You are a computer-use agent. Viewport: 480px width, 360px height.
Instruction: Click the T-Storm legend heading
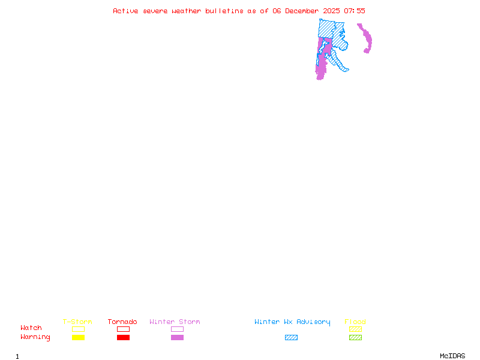point(77,322)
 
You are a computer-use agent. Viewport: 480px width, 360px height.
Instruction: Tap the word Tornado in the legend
point(122,322)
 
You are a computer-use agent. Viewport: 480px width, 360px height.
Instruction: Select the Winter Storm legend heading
point(175,322)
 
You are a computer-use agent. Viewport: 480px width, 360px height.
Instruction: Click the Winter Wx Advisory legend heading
point(292,322)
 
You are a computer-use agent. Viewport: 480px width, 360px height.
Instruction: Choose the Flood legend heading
point(355,322)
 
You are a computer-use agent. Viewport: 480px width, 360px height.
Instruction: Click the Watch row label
point(31,328)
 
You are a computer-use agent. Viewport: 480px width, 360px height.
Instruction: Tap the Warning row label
point(35,337)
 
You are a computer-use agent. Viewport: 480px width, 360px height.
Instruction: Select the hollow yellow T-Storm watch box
point(78,329)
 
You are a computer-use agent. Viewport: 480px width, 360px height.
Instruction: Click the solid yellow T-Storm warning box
point(78,337)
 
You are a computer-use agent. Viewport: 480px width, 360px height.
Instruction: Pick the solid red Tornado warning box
point(123,337)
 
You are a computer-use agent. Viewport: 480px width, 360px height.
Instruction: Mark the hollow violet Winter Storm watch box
point(177,329)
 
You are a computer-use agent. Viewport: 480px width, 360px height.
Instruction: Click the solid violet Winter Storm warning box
point(177,337)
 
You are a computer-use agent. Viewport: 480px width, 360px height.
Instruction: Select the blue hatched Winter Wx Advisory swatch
point(291,337)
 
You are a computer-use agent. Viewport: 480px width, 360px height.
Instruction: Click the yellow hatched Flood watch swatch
point(355,329)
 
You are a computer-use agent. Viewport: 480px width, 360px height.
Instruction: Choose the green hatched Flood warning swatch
point(355,337)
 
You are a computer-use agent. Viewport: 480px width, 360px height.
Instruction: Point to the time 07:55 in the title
point(355,11)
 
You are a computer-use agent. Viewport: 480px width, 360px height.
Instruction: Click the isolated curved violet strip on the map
point(366,39)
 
